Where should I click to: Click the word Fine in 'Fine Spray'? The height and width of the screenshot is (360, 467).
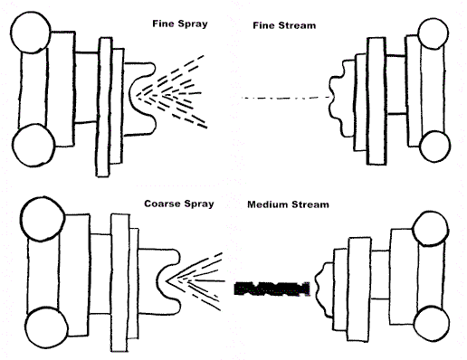pyautogui.click(x=163, y=24)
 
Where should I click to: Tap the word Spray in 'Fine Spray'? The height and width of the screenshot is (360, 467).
pyautogui.click(x=193, y=24)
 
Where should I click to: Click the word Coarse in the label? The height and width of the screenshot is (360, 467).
pyautogui.click(x=162, y=204)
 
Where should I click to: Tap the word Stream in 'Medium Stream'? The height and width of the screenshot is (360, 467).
pyautogui.click(x=310, y=204)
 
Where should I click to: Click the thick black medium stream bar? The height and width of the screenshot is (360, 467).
pyautogui.click(x=272, y=289)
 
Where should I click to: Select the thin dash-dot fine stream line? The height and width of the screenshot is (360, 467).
pyautogui.click(x=285, y=98)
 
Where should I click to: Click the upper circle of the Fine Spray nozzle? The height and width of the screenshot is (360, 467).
pyautogui.click(x=31, y=33)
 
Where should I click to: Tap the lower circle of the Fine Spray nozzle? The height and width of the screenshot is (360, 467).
pyautogui.click(x=33, y=146)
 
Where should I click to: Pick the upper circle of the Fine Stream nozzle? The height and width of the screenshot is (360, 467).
pyautogui.click(x=434, y=33)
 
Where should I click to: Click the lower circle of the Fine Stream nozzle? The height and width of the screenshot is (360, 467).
pyautogui.click(x=434, y=147)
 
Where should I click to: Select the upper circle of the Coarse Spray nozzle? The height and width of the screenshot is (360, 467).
pyautogui.click(x=43, y=219)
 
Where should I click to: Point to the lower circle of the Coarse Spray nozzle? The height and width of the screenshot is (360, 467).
pyautogui.click(x=46, y=327)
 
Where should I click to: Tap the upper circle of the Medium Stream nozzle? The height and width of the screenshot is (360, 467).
pyautogui.click(x=430, y=228)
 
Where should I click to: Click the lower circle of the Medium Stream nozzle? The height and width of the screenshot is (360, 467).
pyautogui.click(x=432, y=324)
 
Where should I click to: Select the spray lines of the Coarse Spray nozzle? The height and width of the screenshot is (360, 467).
pyautogui.click(x=195, y=281)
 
